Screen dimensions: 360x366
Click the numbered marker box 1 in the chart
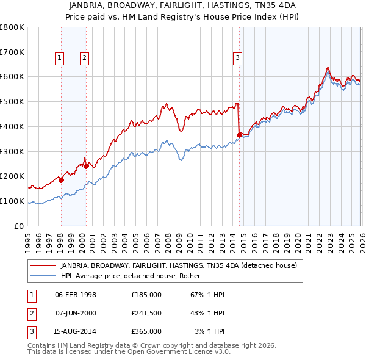coord(60,58)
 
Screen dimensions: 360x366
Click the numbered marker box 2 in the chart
coord(84,58)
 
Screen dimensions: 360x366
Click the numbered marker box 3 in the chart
coord(237,58)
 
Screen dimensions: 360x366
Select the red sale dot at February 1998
coord(62,180)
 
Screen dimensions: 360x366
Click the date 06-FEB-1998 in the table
coord(76,295)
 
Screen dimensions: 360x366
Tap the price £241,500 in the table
coord(146,313)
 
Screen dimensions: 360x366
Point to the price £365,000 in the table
coord(146,331)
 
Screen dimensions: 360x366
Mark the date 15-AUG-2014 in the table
coord(76,331)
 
